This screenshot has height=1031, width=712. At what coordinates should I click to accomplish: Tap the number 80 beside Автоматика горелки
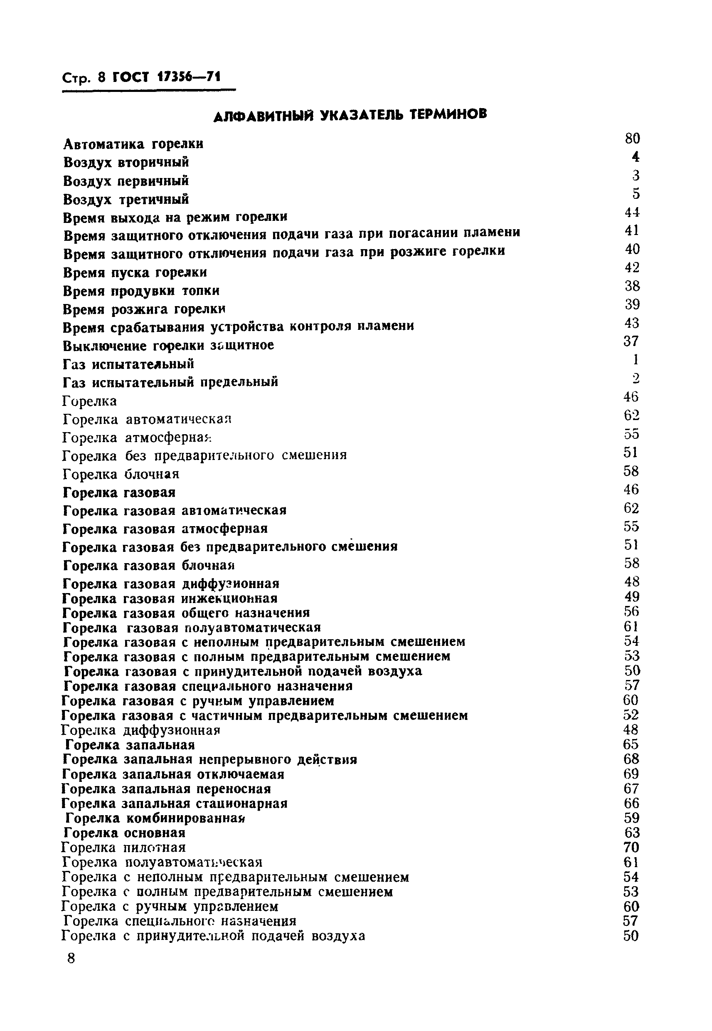click(x=632, y=139)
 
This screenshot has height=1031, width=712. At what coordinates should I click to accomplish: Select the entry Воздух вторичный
click(x=126, y=162)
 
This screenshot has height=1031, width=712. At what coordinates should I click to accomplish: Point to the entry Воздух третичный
click(x=126, y=199)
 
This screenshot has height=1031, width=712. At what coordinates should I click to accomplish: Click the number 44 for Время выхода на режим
click(x=632, y=213)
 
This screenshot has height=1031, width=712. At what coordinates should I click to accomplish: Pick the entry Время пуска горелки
click(x=135, y=272)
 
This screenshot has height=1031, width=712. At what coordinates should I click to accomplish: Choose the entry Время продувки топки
click(x=141, y=291)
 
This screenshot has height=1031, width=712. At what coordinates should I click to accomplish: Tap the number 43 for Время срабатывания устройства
click(x=632, y=323)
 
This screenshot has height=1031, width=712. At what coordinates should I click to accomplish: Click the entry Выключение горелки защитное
click(x=168, y=346)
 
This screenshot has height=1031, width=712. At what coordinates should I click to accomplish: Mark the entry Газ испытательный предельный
click(x=170, y=383)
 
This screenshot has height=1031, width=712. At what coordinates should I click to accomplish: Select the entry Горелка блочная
click(x=121, y=474)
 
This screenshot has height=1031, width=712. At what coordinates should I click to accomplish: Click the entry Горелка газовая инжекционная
click(x=170, y=598)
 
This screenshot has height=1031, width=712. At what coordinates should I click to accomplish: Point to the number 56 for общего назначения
click(x=632, y=611)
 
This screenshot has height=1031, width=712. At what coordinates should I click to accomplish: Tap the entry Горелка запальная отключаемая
click(x=173, y=774)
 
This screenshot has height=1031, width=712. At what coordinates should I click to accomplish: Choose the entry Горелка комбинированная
click(x=156, y=818)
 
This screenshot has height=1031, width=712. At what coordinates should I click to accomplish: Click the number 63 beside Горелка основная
click(x=632, y=833)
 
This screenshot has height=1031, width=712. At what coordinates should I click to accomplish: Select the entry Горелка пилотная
click(x=123, y=847)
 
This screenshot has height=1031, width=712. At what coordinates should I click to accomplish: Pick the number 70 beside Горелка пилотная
click(x=632, y=847)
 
